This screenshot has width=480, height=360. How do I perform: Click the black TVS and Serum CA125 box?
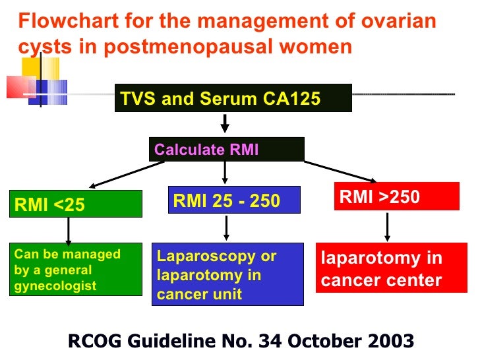233,99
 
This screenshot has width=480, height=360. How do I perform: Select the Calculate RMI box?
226,150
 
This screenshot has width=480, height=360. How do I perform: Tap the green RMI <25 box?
76,204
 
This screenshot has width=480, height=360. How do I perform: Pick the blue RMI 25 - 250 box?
235,200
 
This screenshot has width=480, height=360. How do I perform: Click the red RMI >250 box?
396,196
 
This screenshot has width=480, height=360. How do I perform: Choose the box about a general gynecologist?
76,270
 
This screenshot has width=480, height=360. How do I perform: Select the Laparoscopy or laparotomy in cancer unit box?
227,274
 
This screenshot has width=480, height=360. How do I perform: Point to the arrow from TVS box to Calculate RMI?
225,123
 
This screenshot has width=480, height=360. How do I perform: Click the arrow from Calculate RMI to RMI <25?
125,175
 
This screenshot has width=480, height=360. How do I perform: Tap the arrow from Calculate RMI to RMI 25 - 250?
225,173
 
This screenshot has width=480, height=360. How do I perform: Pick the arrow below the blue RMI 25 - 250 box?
226,228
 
